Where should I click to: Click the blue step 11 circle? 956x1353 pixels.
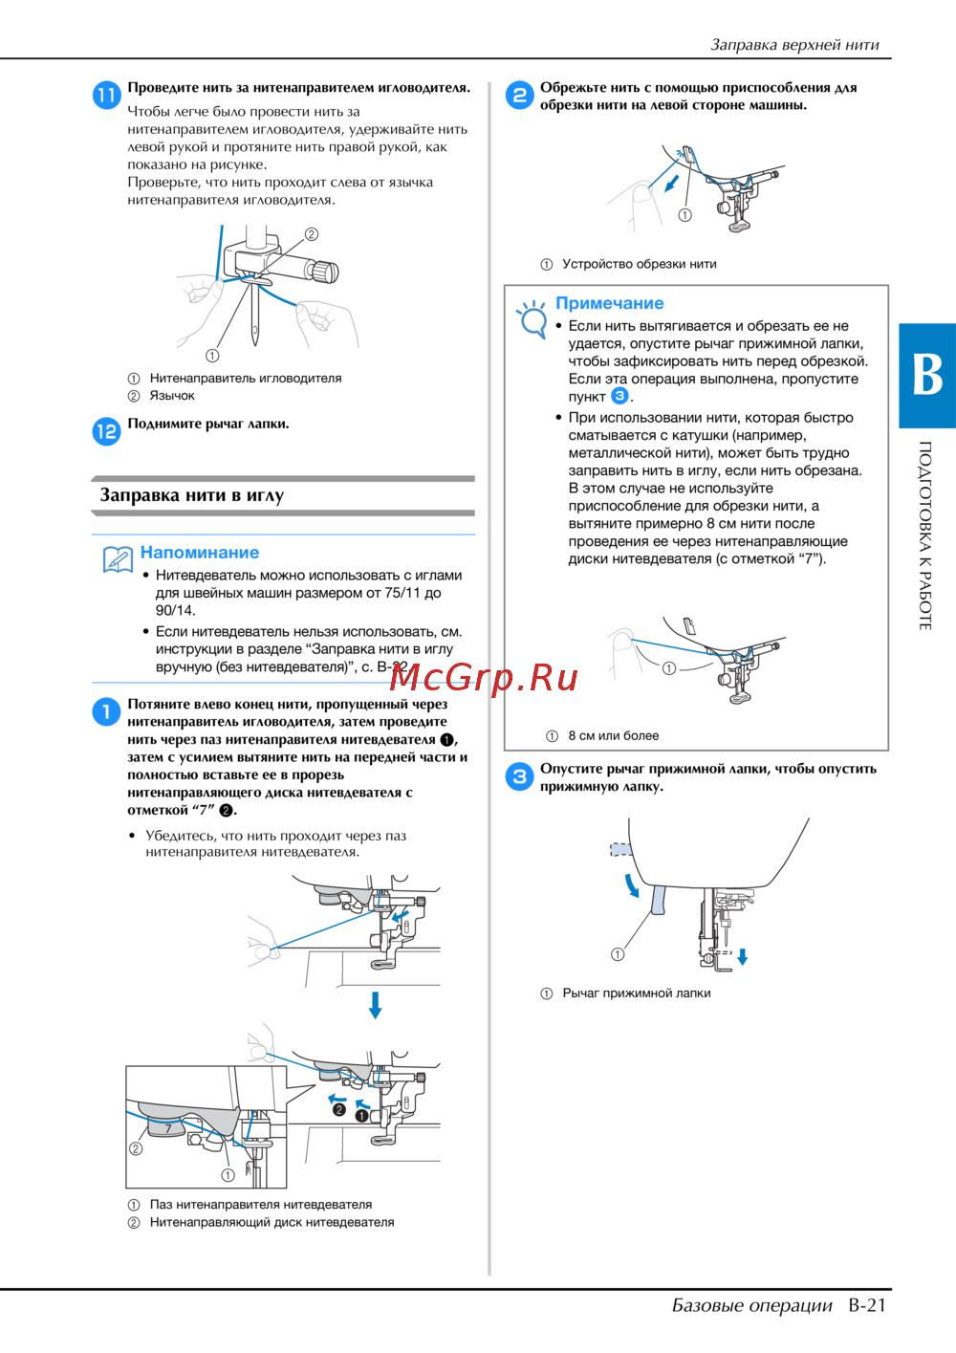tap(106, 95)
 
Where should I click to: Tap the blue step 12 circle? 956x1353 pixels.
tap(106, 431)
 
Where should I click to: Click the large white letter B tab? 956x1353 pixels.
tap(926, 375)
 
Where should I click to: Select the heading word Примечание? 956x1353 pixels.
tap(609, 303)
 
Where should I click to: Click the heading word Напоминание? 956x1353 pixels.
tap(199, 553)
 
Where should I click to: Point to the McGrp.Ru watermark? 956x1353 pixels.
tap(484, 678)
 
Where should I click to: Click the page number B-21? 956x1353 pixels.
tap(867, 1305)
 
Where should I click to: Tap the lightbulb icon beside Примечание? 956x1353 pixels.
tap(531, 318)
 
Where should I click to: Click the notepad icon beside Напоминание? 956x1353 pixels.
tap(118, 559)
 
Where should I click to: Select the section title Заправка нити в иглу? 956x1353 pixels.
tap(191, 495)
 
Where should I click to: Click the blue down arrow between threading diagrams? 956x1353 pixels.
tap(376, 1004)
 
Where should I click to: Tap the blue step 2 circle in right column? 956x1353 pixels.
tap(519, 95)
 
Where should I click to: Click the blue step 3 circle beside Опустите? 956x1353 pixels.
tap(519, 776)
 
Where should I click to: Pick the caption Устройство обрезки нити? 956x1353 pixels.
tap(639, 264)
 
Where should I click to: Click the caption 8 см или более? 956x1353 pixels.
tap(613, 735)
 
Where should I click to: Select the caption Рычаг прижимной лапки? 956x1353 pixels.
tap(636, 993)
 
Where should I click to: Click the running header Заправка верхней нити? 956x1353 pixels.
tap(794, 44)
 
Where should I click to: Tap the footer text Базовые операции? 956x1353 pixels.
tap(751, 1305)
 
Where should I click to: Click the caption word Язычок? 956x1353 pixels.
tap(172, 396)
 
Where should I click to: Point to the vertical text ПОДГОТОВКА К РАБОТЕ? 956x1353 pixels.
tap(925, 535)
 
